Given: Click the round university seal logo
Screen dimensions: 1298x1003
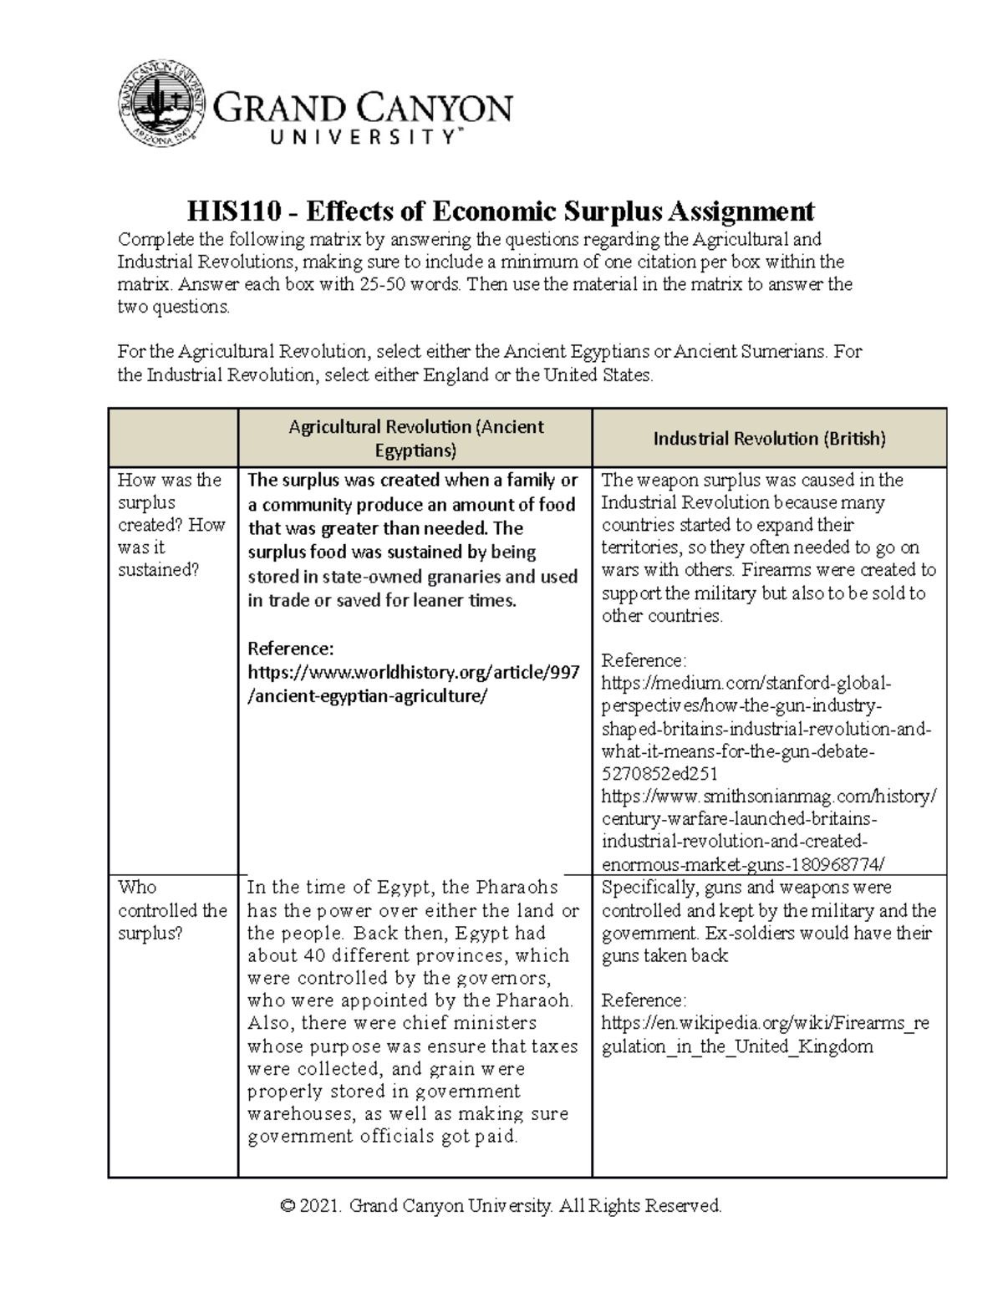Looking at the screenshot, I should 160,103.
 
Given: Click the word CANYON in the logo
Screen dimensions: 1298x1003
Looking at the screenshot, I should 436,109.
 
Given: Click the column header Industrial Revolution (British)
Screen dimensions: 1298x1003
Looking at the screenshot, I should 769,439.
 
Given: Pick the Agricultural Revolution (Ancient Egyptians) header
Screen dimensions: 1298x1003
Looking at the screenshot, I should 415,439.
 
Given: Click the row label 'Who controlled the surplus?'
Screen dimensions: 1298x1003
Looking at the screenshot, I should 172,910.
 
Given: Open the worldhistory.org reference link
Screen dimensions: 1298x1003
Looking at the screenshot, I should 414,685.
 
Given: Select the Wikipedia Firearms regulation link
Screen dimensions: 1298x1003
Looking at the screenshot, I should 765,1035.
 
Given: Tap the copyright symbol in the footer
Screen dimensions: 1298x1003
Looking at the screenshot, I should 288,1206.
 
